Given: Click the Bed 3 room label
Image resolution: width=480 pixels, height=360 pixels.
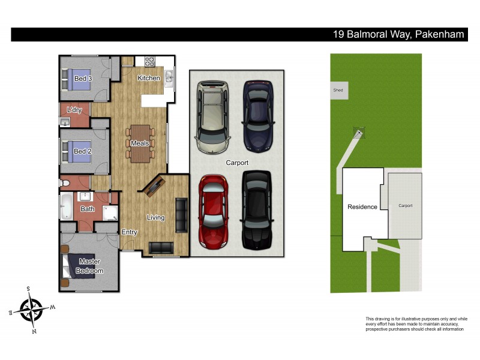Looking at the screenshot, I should (83, 79).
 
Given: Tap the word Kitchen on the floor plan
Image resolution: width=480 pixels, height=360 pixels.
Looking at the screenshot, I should (149, 79).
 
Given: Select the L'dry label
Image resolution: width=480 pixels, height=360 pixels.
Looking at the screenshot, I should (74, 110).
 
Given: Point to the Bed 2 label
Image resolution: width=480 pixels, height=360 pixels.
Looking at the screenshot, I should (82, 152).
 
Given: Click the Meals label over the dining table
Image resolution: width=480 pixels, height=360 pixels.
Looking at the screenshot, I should (140, 143).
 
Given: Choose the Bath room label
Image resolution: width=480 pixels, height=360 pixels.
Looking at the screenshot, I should (88, 209).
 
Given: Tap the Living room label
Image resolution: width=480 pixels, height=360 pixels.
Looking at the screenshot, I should (155, 217).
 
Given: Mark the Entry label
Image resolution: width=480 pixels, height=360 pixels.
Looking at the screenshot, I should (129, 232).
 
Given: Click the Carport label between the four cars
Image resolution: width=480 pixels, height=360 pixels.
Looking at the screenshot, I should (237, 163).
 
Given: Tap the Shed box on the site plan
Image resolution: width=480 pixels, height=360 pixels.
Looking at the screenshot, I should (338, 90).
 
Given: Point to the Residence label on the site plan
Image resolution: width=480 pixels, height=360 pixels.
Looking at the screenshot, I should (362, 207).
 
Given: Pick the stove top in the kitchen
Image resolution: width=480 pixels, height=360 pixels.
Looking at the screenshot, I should (148, 61).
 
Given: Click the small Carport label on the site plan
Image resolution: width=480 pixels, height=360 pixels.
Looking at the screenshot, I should (406, 206).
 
